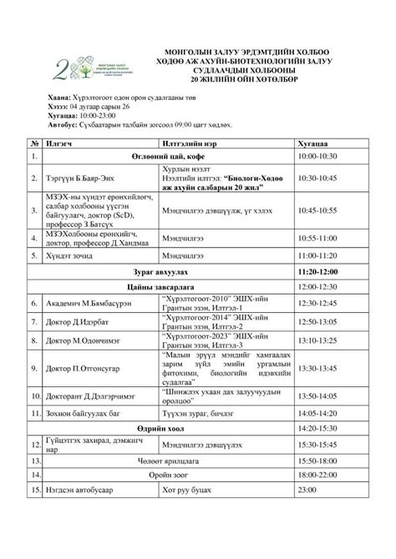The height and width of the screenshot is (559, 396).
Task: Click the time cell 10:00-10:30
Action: point(317,157)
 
